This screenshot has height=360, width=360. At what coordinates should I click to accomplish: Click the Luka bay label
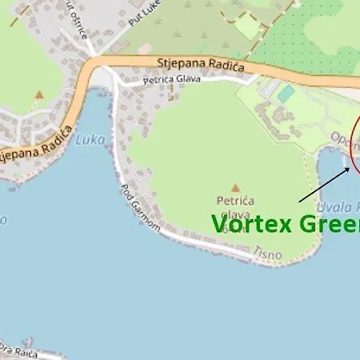(90, 139)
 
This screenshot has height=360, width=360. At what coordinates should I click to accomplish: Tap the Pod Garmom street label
(141, 210)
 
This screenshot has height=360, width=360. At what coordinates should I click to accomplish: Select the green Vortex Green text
(285, 224)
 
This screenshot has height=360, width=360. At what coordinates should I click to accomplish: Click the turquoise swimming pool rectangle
(286, 94)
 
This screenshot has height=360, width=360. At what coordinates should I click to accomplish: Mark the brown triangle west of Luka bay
(38, 94)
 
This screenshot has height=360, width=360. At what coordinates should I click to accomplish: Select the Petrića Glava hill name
(234, 207)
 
